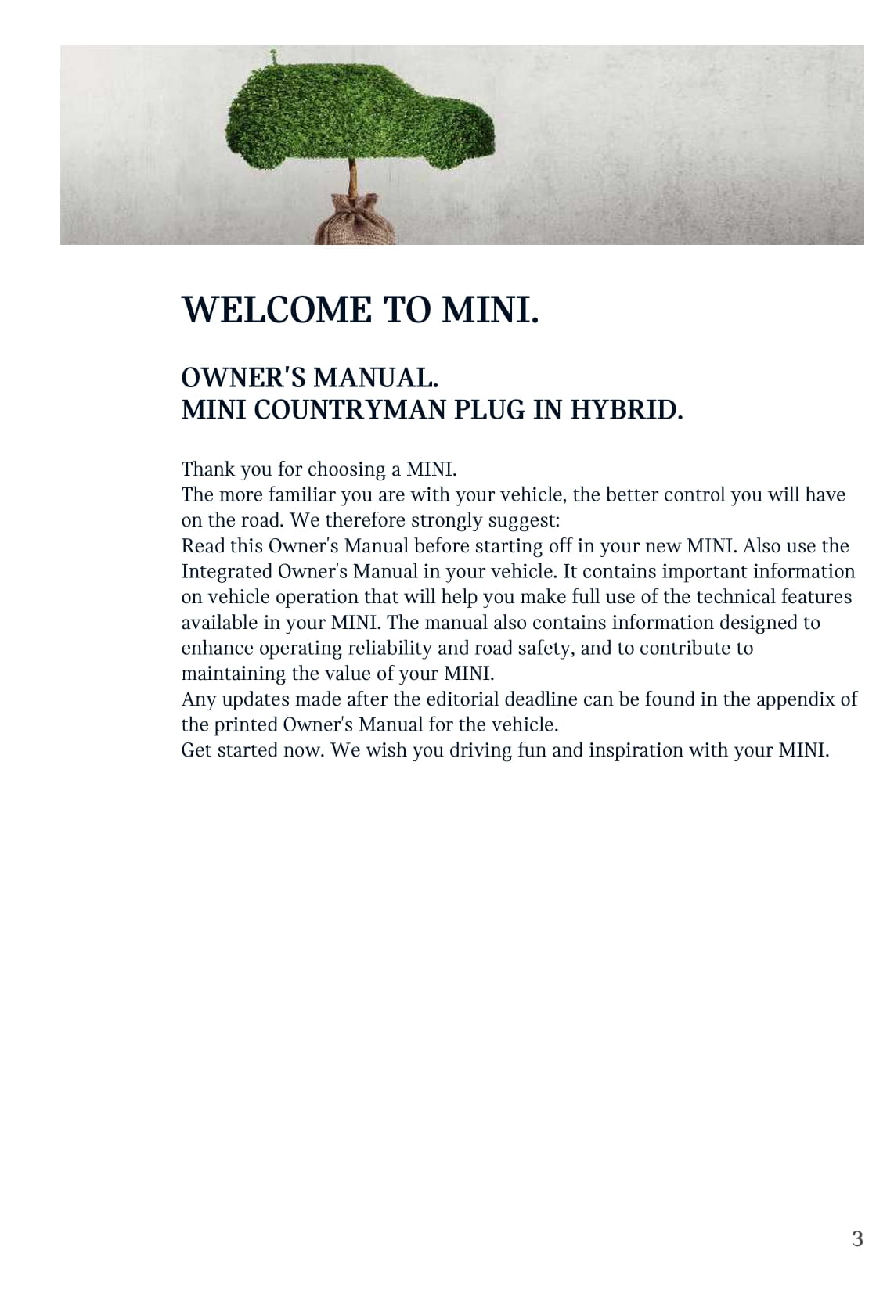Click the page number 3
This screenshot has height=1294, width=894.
pos(857,1239)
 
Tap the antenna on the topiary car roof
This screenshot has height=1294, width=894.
pos(273,56)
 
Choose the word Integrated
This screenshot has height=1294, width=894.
pos(227,572)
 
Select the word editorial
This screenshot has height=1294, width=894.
pos(463,699)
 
